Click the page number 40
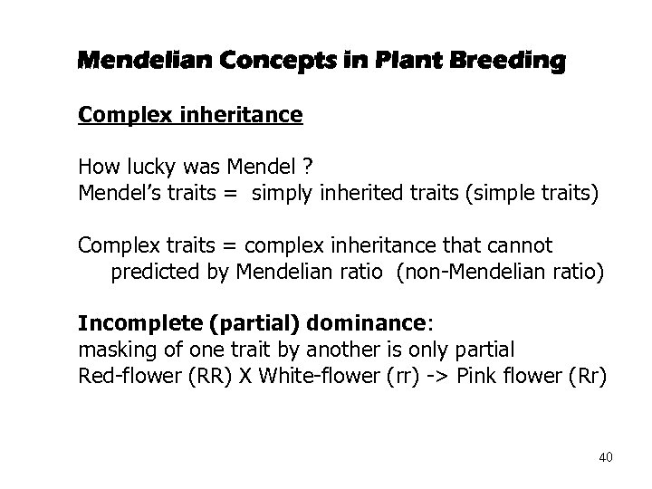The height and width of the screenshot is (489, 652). [x=605, y=457]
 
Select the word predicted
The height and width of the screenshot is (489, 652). [x=156, y=271]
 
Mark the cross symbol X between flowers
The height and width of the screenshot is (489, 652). [x=247, y=376]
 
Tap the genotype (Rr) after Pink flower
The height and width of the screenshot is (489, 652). [x=580, y=376]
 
